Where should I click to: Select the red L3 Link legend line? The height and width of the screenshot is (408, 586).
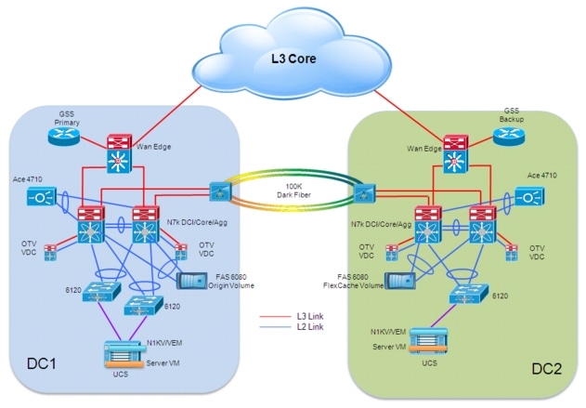pyautogui.click(x=274, y=317)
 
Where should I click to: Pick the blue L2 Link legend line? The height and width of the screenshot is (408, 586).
pyautogui.click(x=274, y=326)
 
